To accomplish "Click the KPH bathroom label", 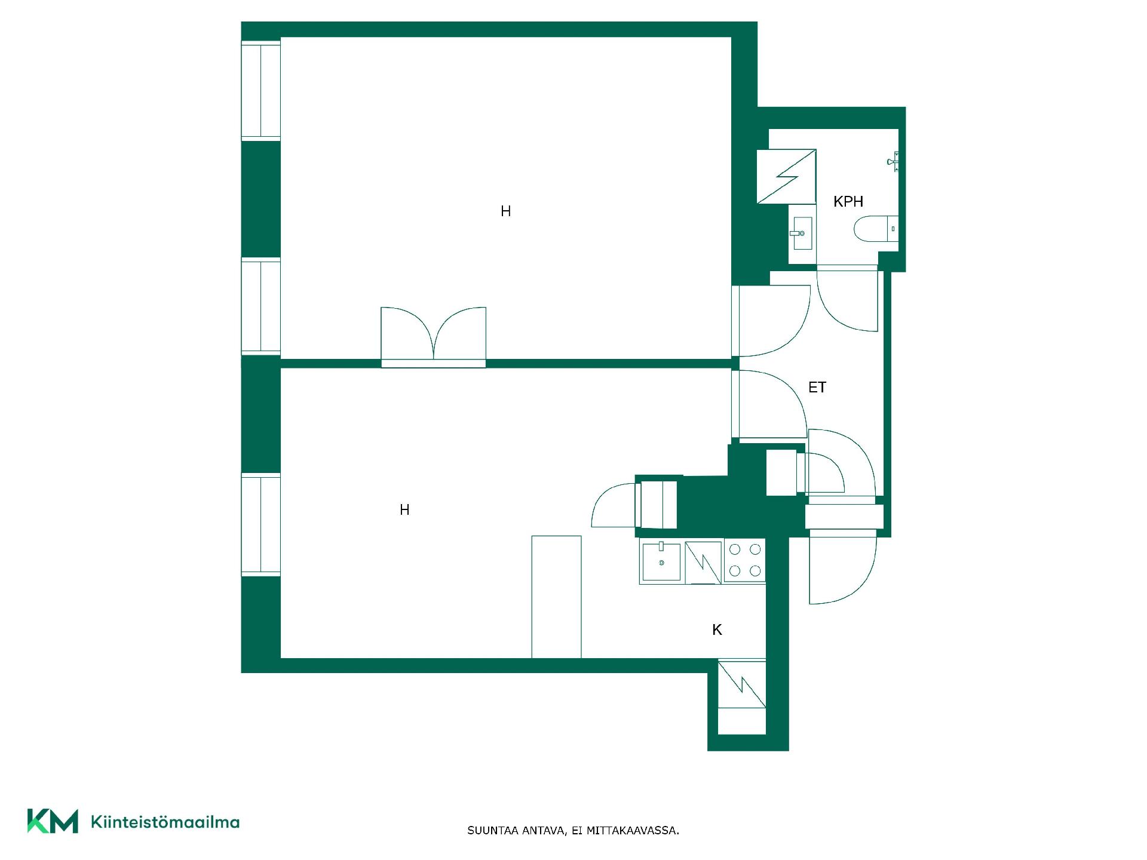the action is [848, 202].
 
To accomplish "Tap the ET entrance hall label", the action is [817, 388].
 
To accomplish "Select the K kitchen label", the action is [717, 629].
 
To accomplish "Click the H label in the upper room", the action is [505, 211].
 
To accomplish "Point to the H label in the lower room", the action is [404, 509].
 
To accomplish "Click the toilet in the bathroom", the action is [876, 229].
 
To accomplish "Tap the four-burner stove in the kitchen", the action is [745, 560].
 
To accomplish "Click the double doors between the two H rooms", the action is [433, 337].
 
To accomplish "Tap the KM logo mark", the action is [53, 821].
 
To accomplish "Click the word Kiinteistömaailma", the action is [165, 822].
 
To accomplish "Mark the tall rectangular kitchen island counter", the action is [556, 597].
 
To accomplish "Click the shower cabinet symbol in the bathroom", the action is [786, 176].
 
